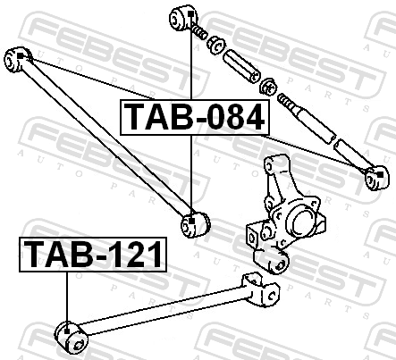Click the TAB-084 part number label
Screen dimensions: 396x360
[195, 117]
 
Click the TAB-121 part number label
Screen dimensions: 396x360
[93, 255]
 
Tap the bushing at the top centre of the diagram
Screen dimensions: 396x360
[183, 17]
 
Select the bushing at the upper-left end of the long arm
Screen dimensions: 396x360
[18, 59]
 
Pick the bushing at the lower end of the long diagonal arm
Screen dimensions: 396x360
[196, 224]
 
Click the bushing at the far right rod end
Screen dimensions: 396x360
[376, 178]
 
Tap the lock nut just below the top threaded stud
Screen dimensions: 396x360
[216, 45]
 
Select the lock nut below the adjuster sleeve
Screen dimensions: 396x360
[268, 87]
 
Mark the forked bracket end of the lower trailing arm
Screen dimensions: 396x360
[261, 289]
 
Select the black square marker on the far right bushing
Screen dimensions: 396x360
[380, 174]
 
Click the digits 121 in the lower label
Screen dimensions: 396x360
[135, 255]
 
